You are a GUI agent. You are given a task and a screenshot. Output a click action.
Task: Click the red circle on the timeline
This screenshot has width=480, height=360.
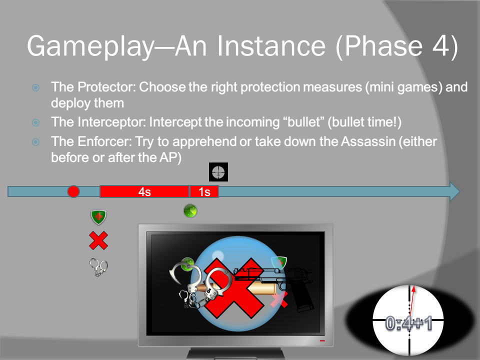73,191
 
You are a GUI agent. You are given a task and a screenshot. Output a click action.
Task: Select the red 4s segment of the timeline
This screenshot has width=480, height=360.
144,191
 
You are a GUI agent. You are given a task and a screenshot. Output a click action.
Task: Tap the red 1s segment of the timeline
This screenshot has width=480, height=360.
204,191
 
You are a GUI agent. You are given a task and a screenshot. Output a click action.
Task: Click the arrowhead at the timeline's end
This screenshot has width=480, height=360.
454,191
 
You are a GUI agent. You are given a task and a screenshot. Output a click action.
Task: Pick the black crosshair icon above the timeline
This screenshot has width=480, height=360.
218,172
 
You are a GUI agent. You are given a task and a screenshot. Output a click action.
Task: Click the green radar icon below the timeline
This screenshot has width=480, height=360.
190,211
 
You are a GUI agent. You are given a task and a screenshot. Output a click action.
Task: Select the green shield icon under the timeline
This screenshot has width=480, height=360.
98,217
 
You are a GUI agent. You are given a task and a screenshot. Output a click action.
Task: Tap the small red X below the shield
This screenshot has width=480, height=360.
98,240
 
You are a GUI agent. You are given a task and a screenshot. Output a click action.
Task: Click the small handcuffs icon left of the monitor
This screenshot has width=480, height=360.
98,267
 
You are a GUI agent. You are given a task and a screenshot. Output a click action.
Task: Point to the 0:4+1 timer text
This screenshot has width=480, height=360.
408,323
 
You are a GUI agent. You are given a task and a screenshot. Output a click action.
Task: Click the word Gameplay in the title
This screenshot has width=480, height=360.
90,46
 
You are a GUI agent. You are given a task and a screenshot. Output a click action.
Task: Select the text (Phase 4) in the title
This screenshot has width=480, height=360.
397,46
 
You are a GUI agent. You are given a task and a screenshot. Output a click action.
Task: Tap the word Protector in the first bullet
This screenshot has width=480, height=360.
106,87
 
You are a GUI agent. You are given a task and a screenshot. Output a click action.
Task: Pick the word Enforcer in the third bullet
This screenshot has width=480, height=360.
104,141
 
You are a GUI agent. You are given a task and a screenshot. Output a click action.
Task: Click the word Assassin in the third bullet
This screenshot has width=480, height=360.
368,141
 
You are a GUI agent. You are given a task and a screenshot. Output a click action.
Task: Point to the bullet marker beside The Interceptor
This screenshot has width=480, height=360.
36,123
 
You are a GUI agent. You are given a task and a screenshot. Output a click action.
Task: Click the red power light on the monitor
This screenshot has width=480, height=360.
322,340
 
